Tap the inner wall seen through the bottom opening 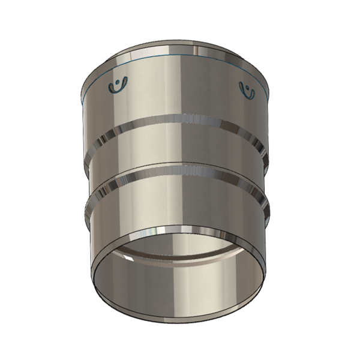coord(180,288)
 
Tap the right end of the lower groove coord(265,201)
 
